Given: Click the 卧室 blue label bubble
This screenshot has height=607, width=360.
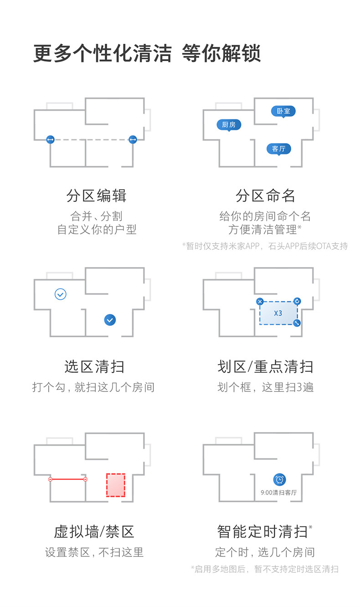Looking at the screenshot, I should pos(283,111).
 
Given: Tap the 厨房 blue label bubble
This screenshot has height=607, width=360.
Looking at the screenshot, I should pos(228,125).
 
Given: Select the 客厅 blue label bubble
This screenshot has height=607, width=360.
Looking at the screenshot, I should pos(278,149).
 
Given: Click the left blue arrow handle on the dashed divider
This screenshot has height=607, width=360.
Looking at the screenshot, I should pos(50,139).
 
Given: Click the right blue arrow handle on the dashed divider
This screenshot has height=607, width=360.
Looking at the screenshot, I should pos(133,139).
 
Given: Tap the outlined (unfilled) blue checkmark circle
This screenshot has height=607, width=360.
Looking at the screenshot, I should pos(60,294).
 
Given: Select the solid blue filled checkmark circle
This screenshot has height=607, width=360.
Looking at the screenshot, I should pos(110,319).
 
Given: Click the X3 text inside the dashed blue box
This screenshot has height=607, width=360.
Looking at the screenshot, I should pos(278,313).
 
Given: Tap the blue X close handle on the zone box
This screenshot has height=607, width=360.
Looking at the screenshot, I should pos(260,301).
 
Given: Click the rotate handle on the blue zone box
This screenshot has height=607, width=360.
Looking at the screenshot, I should pos(297,301).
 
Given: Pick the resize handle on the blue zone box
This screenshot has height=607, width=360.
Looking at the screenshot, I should pos(297,323).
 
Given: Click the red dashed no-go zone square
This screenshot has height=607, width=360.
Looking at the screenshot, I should pos(116,485).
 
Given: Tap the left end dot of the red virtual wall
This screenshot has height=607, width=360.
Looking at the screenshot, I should pos(50,479).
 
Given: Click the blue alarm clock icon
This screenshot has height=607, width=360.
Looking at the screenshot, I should pos(279,479).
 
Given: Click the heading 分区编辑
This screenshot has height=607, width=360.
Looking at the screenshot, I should pos(96,196).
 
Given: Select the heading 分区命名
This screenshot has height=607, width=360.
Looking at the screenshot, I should pos(265,196).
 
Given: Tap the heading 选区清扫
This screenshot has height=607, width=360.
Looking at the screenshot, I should pos(94,366).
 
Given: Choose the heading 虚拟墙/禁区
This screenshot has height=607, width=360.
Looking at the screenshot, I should pos(94,531).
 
